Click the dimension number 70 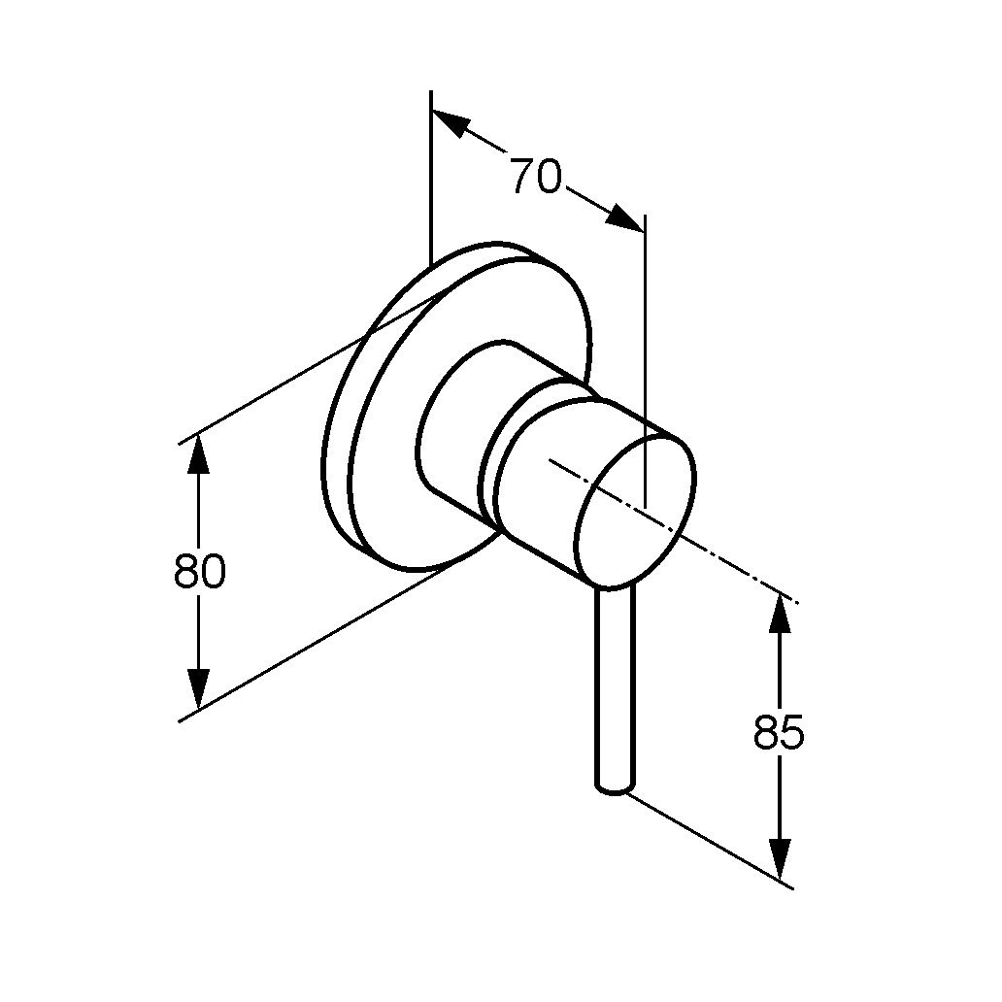pos(536,176)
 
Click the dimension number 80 pos(199,571)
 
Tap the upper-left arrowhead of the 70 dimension pos(451,122)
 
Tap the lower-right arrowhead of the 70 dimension pos(623,217)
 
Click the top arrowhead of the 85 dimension pos(780,613)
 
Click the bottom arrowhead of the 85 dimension pos(780,859)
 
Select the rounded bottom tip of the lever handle pos(616,789)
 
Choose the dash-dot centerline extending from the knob pos(671,528)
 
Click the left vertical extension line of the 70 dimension pos(431,177)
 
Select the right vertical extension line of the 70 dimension pos(645,361)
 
